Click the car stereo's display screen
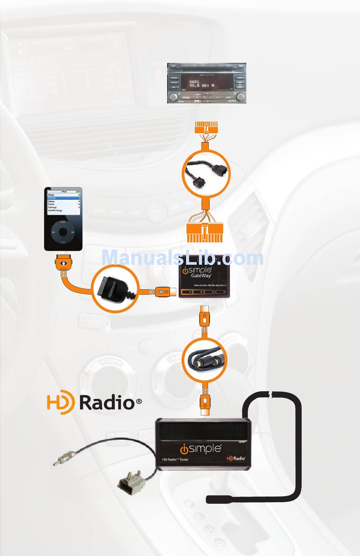pyautogui.click(x=203, y=84)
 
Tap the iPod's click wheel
pyautogui.click(x=63, y=232)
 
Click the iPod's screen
pyautogui.click(x=63, y=204)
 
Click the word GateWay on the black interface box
pyautogui.click(x=201, y=276)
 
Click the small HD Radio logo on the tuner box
pyautogui.click(x=236, y=458)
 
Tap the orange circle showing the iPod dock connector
pyautogui.click(x=115, y=289)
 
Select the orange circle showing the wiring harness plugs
pyautogui.click(x=206, y=173)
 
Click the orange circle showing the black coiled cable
pyautogui.click(x=205, y=359)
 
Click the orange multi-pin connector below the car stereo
pyautogui.click(x=206, y=128)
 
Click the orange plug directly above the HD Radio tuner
pyautogui.click(x=205, y=405)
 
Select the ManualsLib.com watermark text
pyautogui.click(x=182, y=258)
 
